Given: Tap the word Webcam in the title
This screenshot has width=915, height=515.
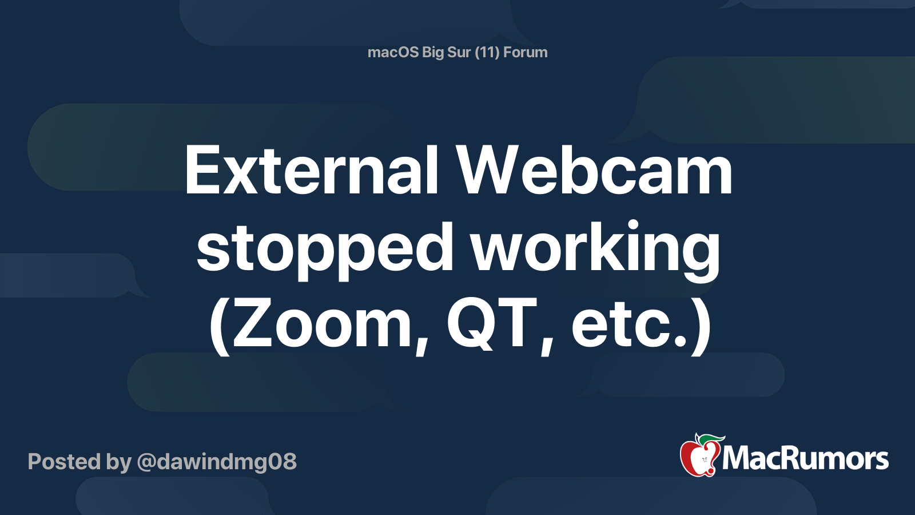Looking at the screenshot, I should [x=594, y=171].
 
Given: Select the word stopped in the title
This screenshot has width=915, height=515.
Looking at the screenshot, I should [x=325, y=248].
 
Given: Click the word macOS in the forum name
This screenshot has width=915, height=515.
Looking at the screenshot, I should [x=393, y=52].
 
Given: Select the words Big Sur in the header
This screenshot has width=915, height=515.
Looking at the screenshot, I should [x=446, y=52].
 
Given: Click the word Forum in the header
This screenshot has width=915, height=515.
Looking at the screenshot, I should [x=526, y=52].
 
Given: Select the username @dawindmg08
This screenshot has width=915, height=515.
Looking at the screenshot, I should [x=217, y=462].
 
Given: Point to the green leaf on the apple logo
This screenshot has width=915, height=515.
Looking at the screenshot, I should [x=711, y=439].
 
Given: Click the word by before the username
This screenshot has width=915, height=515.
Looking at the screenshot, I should [x=118, y=462].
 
